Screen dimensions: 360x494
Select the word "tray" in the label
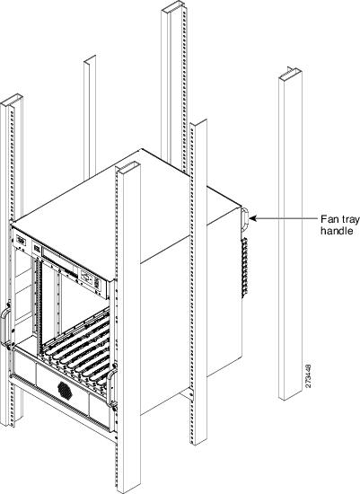point(351,219)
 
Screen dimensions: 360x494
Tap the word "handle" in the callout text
point(337,231)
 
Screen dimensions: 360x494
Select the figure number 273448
point(309,375)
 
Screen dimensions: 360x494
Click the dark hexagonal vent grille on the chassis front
point(66,389)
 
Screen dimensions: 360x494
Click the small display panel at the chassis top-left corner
point(21,241)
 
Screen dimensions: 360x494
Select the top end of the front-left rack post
point(12,101)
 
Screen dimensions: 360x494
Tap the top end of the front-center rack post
point(127,167)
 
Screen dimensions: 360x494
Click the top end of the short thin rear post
point(90,60)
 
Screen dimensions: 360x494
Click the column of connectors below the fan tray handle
point(244,268)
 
